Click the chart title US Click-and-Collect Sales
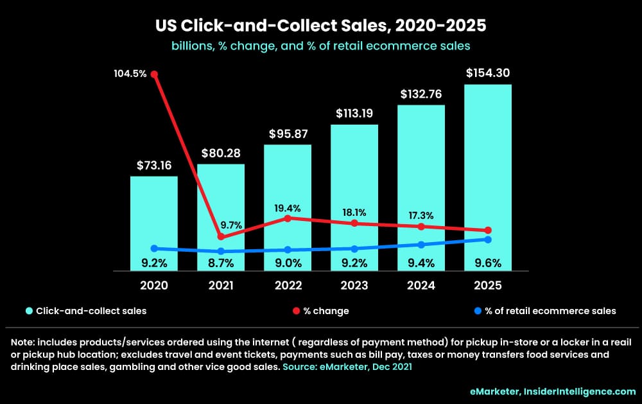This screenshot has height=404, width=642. (x=320, y=26)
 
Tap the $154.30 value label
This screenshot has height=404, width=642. (x=488, y=73)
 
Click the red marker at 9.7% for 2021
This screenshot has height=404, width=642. (x=221, y=237)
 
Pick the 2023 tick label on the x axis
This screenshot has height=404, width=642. (x=354, y=285)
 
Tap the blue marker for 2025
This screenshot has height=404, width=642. (x=488, y=240)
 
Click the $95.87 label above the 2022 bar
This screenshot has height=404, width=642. (x=288, y=134)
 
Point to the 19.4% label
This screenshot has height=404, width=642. (x=288, y=208)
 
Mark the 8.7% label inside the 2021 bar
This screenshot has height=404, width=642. (x=221, y=263)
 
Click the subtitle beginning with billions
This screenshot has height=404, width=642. (x=320, y=46)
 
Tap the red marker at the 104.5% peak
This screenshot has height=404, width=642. (x=154, y=74)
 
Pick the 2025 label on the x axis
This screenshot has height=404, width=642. (x=488, y=285)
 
